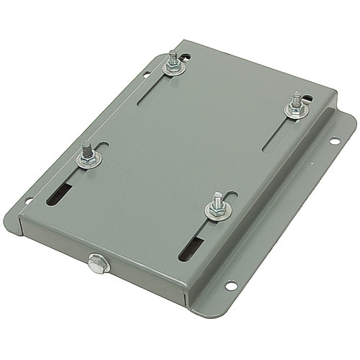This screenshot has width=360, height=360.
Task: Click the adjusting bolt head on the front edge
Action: pyautogui.click(x=97, y=263)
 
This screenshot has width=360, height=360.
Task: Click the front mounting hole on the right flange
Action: pyautogui.click(x=230, y=286)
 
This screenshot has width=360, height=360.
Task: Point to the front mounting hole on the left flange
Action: pyautogui.click(x=29, y=199)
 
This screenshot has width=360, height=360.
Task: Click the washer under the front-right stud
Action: pyautogui.click(x=217, y=212)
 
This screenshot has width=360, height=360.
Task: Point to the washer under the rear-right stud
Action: pyautogui.click(x=295, y=111)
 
